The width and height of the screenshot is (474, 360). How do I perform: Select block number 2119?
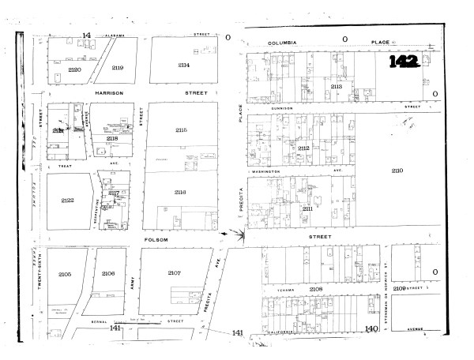(118, 68)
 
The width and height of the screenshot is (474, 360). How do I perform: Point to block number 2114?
(183, 65)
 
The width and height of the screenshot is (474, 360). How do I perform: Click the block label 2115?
(181, 129)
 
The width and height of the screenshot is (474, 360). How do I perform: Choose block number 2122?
(67, 201)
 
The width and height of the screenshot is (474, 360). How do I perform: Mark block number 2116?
(180, 193)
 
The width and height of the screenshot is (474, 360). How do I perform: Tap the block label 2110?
(397, 171)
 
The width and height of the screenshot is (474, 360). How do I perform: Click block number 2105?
(65, 273)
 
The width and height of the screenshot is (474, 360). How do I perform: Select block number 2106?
(108, 273)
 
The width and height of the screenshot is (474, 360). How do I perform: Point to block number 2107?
(175, 272)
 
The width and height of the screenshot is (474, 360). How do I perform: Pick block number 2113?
(337, 86)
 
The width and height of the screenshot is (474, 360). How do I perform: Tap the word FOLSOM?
(156, 238)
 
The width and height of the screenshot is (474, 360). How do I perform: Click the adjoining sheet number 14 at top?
(87, 36)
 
